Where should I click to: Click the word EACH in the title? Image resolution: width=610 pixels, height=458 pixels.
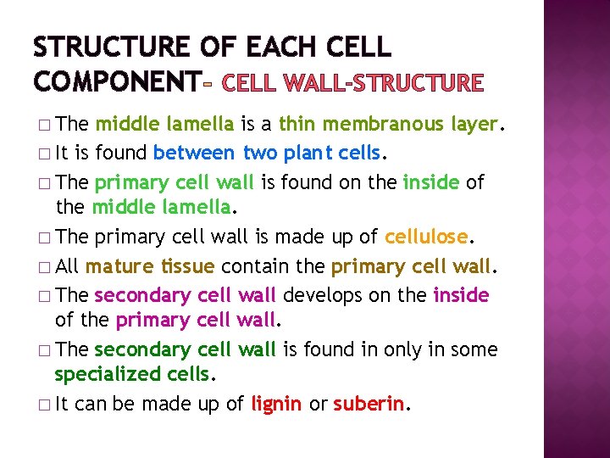[x=282, y=47]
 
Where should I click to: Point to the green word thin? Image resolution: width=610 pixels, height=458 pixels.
[x=297, y=125]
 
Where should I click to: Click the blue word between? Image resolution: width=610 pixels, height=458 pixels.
[x=195, y=154]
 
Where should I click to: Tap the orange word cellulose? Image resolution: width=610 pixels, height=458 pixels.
[x=425, y=237]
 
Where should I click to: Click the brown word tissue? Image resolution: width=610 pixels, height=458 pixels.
[x=189, y=266]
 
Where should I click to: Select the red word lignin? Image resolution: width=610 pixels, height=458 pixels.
[x=276, y=404]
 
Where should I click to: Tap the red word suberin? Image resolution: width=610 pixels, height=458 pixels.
[x=368, y=404]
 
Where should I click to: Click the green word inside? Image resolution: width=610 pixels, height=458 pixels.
[x=430, y=182]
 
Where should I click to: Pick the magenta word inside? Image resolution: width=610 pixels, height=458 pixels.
[x=461, y=295]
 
